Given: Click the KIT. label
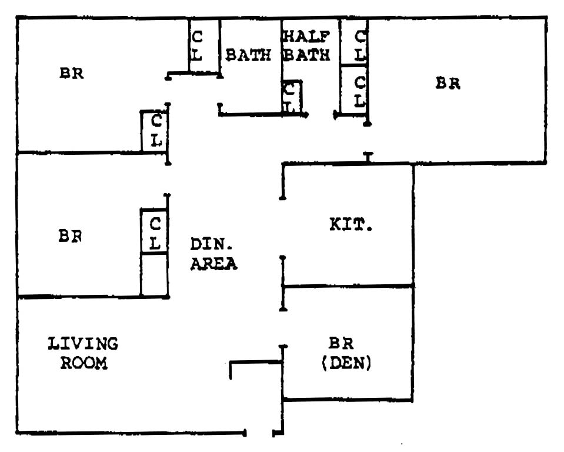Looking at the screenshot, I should [x=351, y=224].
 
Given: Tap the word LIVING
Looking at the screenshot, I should [x=83, y=343].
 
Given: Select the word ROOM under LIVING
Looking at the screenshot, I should [x=84, y=363].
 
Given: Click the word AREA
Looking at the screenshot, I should [x=213, y=264].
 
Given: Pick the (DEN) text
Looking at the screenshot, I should [x=346, y=364].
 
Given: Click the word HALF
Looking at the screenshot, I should [x=305, y=36].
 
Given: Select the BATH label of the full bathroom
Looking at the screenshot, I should [x=248, y=55].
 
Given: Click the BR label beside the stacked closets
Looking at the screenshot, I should [x=448, y=83].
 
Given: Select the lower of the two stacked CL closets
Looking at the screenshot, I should [x=355, y=89].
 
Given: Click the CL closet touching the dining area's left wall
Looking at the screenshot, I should [x=155, y=231].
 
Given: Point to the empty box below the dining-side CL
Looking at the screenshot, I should [x=154, y=275].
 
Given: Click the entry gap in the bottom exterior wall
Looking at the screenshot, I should [x=259, y=434].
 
